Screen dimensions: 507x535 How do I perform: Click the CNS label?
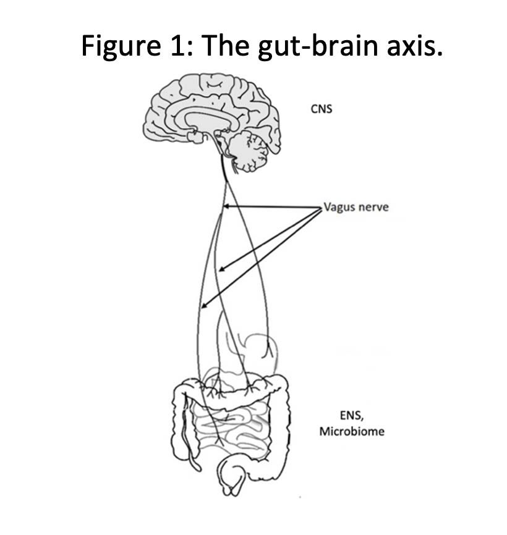(x=321, y=109)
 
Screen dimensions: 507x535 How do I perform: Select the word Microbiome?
(x=351, y=431)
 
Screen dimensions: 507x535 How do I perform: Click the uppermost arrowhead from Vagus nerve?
(x=226, y=207)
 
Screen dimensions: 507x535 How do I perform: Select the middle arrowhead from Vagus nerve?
(x=221, y=269)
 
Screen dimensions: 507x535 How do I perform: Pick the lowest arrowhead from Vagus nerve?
(x=203, y=305)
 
